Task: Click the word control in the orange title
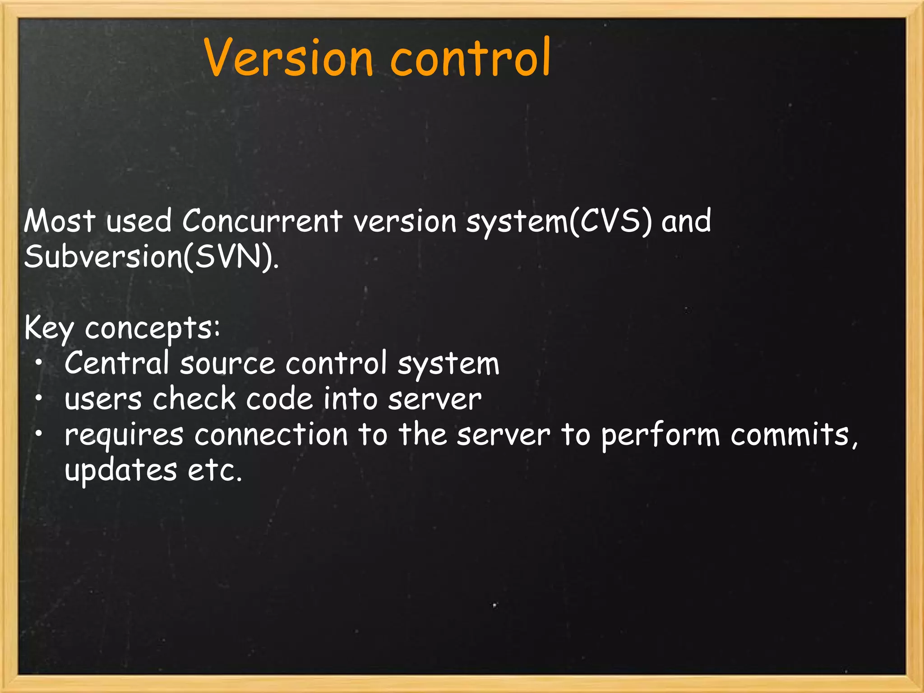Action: click(470, 58)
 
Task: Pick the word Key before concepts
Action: click(49, 328)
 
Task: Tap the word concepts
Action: click(152, 328)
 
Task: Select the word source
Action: click(227, 364)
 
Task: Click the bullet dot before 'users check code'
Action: click(40, 398)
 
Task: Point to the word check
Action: click(194, 399)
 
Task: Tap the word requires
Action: click(124, 435)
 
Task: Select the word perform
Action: click(661, 435)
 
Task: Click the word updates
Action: click(120, 470)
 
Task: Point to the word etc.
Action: click(214, 470)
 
